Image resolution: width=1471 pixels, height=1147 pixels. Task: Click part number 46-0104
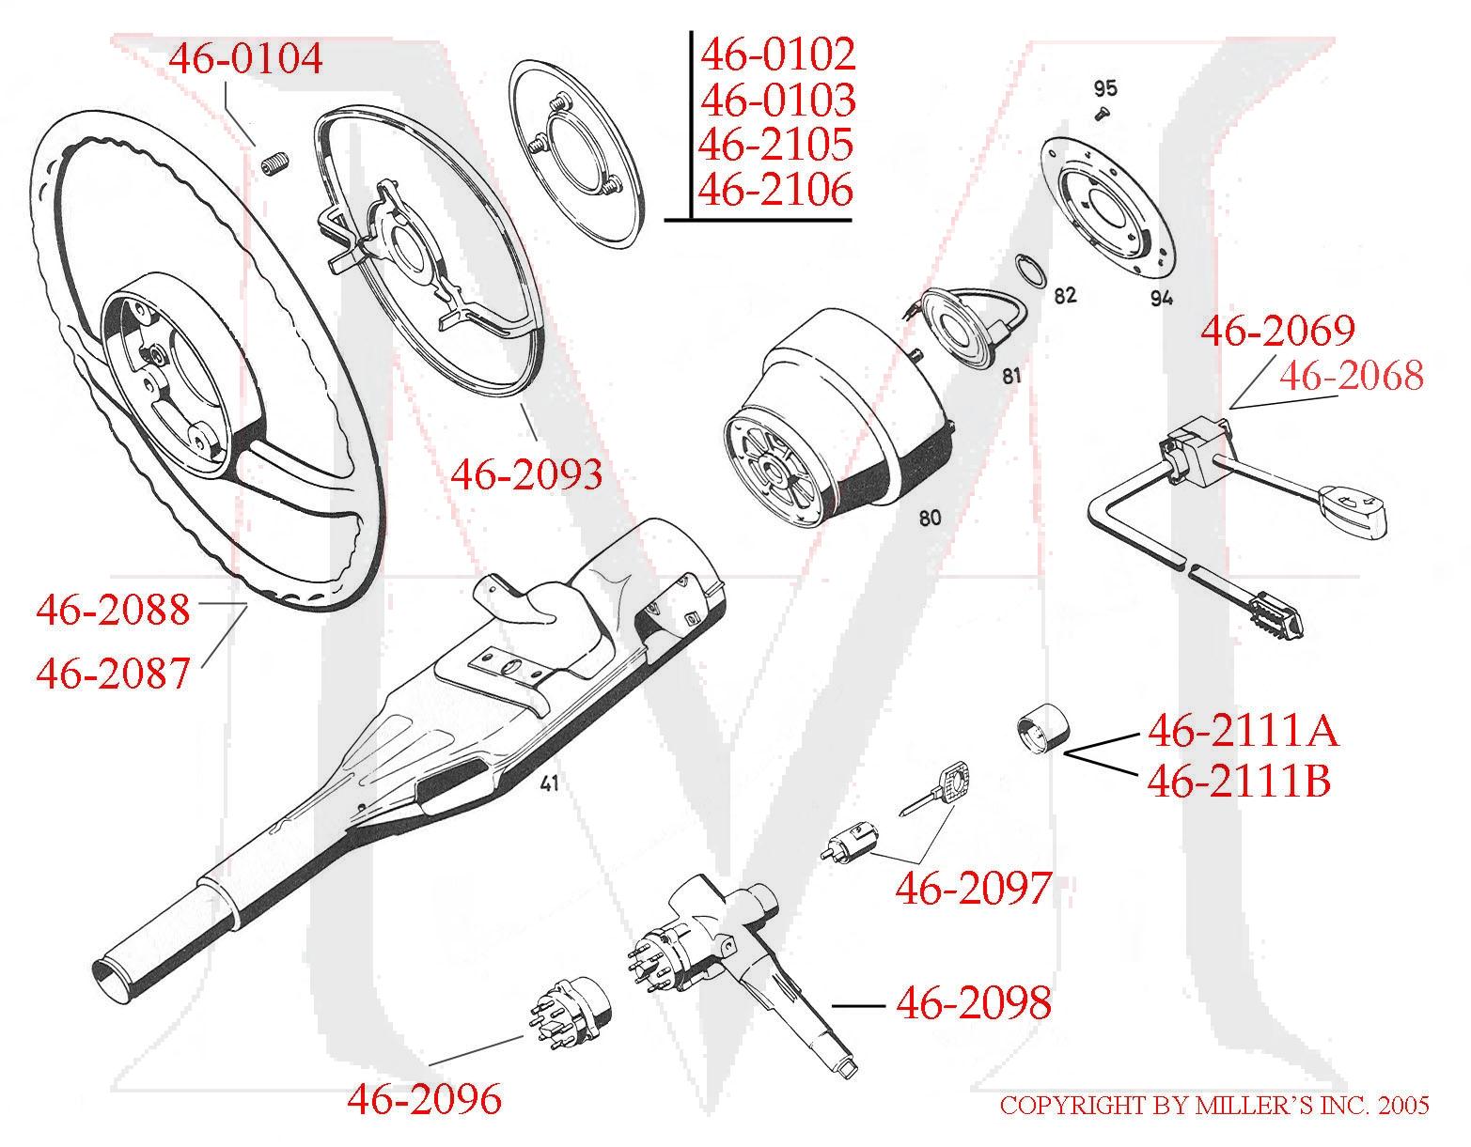click(x=245, y=59)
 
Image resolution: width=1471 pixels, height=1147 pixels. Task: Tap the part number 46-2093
click(x=526, y=474)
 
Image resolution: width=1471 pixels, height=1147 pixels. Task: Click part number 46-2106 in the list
click(x=776, y=191)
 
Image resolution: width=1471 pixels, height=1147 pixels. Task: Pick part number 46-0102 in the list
click(x=777, y=54)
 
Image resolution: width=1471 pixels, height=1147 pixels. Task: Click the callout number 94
click(x=1162, y=299)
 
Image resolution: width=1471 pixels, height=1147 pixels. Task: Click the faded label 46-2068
click(x=1351, y=376)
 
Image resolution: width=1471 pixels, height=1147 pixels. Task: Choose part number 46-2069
click(x=1278, y=331)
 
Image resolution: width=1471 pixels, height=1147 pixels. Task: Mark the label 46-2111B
click(x=1239, y=781)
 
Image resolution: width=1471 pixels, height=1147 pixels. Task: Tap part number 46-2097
click(x=972, y=887)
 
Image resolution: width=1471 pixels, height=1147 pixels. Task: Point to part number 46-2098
click(x=973, y=1003)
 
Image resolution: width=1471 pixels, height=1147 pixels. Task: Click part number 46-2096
click(x=424, y=1097)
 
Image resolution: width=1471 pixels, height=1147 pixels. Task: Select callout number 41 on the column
click(x=550, y=783)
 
